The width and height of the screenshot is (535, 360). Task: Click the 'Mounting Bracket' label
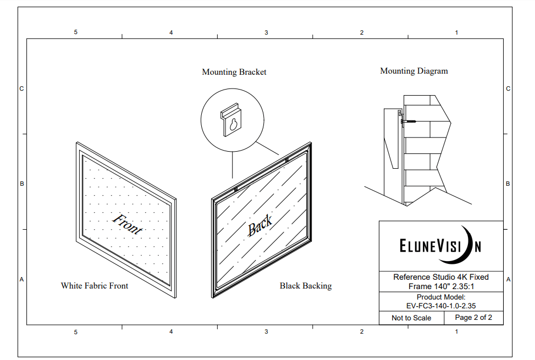coord(234,72)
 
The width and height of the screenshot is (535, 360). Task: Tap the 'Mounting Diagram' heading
coord(413,71)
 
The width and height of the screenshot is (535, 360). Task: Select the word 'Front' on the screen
coord(127,224)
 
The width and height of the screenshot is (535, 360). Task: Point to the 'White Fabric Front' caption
coord(94,286)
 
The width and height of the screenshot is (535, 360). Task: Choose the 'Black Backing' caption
coord(305,286)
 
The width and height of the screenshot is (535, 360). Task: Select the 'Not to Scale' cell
coord(411,318)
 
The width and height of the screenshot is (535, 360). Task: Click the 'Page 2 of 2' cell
coord(473,318)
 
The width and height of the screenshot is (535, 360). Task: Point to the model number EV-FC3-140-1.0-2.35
coord(441,306)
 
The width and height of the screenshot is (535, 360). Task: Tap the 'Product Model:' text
coord(441,297)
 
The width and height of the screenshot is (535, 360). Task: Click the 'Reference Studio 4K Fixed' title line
coord(441,277)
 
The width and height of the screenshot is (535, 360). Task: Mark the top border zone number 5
coord(75,32)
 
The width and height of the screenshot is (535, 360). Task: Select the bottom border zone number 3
coord(266,332)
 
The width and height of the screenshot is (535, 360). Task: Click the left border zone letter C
coord(22,89)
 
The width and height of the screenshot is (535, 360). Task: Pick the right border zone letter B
coord(508,184)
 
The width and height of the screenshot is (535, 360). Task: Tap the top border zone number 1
coord(456,32)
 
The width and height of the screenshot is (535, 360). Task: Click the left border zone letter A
coord(22,279)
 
